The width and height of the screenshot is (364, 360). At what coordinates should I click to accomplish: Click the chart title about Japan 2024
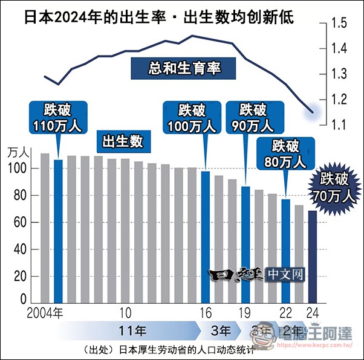[x=159, y=16]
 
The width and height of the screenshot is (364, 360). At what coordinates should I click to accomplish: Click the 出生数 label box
[x=123, y=141]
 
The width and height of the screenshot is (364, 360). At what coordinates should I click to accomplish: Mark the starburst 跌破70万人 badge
[x=334, y=187]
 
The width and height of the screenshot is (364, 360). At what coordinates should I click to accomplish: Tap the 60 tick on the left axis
[x=21, y=222]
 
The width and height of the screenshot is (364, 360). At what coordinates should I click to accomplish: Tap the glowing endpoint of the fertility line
[x=312, y=112]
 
